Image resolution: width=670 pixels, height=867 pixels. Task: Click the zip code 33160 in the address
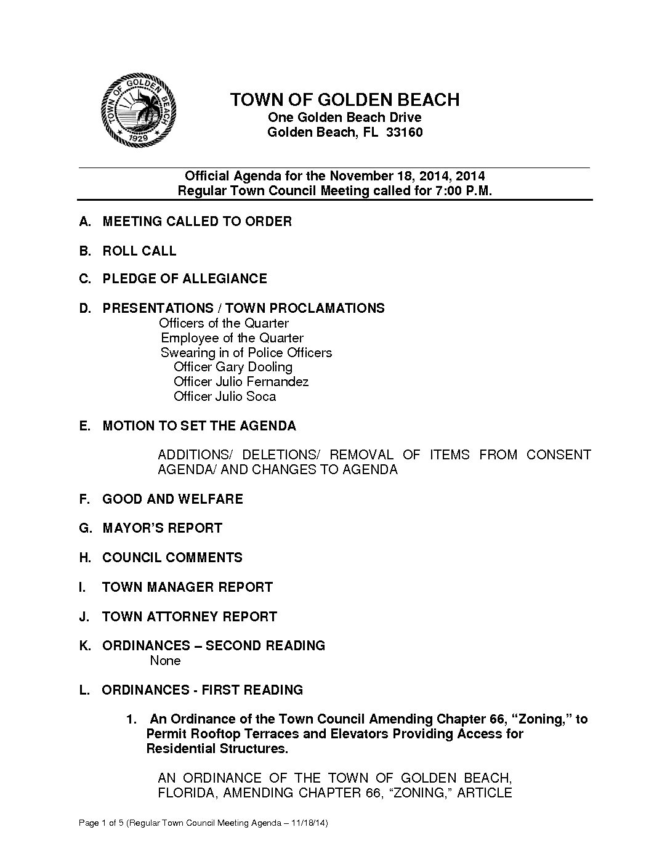pos(404,132)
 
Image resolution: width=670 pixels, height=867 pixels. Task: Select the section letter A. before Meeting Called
pos(86,221)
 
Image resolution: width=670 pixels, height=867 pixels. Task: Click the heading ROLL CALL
pos(139,251)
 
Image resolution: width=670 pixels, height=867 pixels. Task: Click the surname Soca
pos(261,397)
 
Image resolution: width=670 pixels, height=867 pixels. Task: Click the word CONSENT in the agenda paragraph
pos(558,455)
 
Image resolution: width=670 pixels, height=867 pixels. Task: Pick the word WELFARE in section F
pos(210,499)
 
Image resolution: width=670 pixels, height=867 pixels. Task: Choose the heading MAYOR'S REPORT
pos(162,528)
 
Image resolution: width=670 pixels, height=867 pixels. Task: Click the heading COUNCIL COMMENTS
pos(172,557)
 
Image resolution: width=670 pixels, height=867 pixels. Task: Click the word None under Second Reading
pos(165,661)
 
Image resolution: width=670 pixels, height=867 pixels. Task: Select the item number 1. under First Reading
pos(131,719)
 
